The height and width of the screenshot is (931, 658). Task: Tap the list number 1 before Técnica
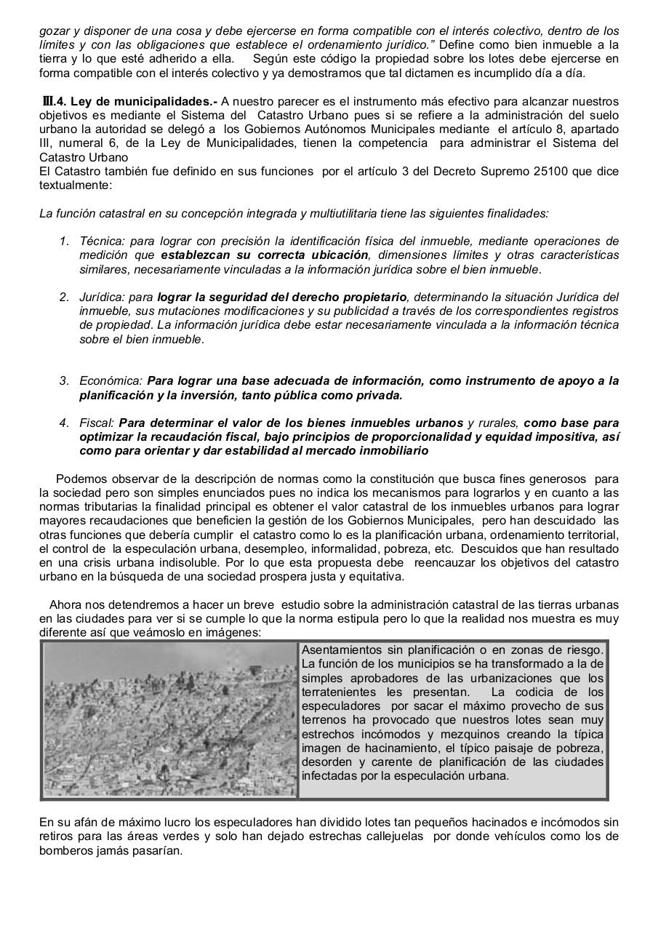pos(64,241)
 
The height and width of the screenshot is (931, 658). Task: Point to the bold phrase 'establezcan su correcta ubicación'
pos(264,255)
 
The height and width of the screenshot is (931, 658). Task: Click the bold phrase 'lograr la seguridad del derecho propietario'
pos(282,297)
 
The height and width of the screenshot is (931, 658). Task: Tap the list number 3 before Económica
pos(64,380)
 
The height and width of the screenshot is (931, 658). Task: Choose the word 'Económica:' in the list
pos(111,380)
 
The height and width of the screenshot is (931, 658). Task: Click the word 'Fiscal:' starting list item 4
pos(97,423)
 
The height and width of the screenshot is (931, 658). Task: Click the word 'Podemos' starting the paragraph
pos(79,479)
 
